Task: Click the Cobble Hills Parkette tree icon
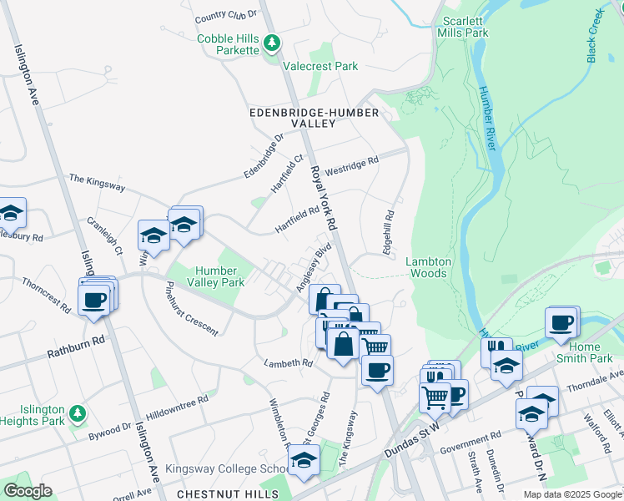(x=271, y=42)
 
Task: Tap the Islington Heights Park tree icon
(x=77, y=412)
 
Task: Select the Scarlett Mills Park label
(x=465, y=27)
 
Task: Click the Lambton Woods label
(x=428, y=267)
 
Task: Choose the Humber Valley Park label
(x=220, y=276)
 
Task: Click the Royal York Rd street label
(x=322, y=197)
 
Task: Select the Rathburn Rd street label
(x=75, y=342)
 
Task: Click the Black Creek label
(x=594, y=36)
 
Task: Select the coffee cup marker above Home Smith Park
(x=561, y=321)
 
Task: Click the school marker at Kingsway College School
(x=304, y=458)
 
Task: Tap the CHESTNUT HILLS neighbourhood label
(x=228, y=494)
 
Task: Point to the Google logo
(x=28, y=491)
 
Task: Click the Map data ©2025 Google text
(x=571, y=494)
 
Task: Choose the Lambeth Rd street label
(x=287, y=363)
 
